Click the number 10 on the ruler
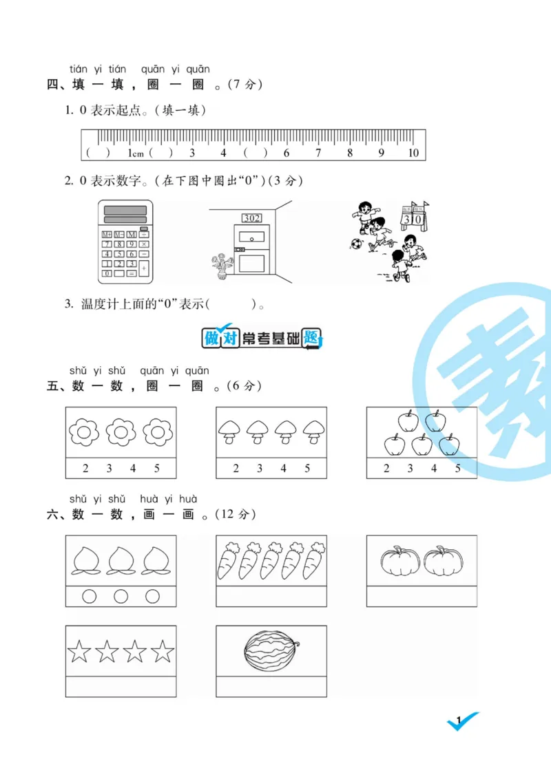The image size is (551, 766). tap(413, 153)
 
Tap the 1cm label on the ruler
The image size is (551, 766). tap(135, 153)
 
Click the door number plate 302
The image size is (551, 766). tap(251, 218)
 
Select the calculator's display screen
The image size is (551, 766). tap(125, 211)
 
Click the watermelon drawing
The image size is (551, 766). tap(272, 650)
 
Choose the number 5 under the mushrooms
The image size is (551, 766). tap(307, 469)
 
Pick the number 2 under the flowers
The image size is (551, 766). tap(85, 469)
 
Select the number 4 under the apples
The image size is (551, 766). tap(434, 469)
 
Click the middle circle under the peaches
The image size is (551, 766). tap(121, 597)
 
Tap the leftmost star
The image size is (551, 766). tap(79, 650)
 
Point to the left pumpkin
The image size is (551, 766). tap(400, 562)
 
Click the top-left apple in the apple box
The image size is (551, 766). tap(408, 421)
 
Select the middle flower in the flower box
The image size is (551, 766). tap(121, 432)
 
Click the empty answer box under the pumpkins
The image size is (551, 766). tap(422, 596)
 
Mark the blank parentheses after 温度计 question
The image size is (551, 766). tap(231, 304)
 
